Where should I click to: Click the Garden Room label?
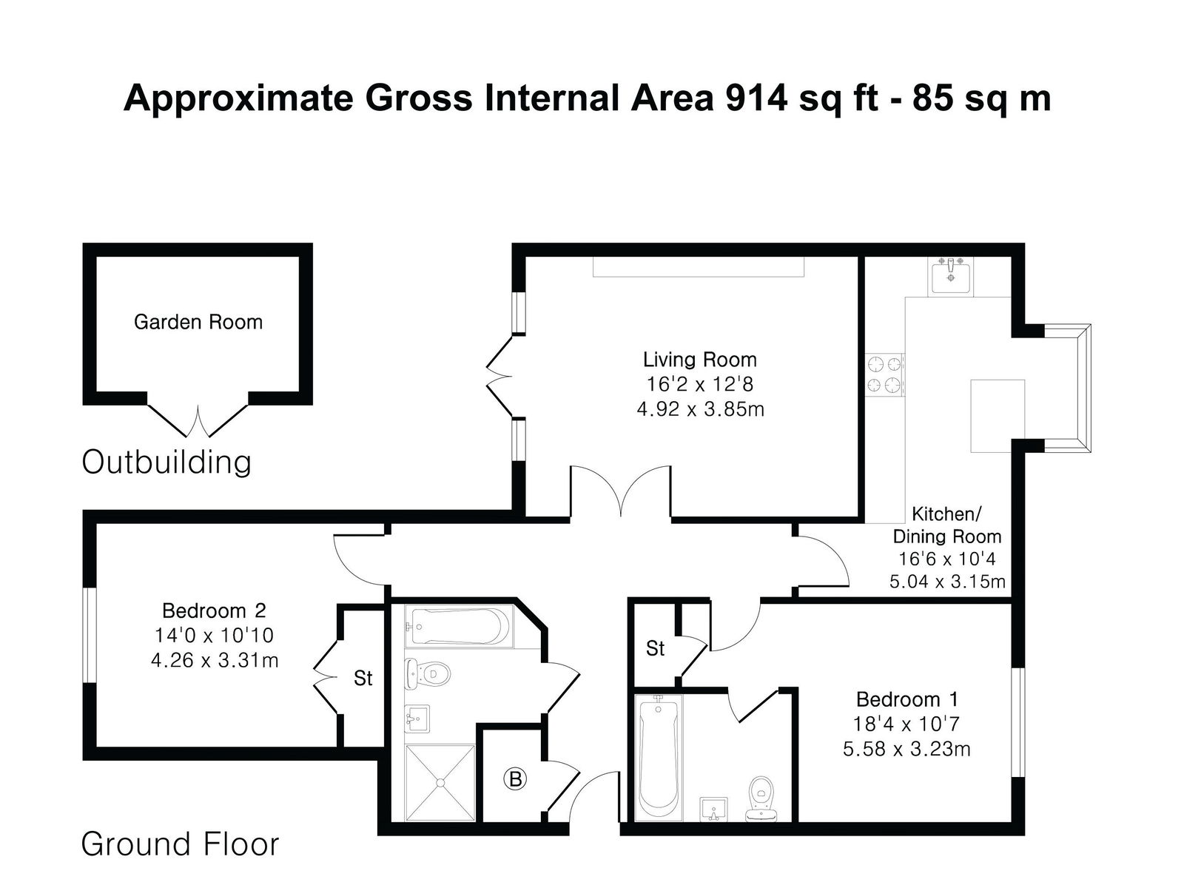pyautogui.click(x=198, y=322)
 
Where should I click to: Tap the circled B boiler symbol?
pyautogui.click(x=514, y=779)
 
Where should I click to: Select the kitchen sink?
pyautogui.click(x=950, y=276)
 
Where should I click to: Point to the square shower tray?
pyautogui.click(x=440, y=783)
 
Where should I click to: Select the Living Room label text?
pyautogui.click(x=699, y=360)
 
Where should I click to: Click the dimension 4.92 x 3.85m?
pyautogui.click(x=700, y=409)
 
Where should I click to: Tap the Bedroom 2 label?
pyautogui.click(x=214, y=610)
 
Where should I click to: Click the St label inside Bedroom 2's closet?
pyautogui.click(x=363, y=678)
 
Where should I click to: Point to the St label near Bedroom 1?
pyautogui.click(x=656, y=648)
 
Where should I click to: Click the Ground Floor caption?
pyautogui.click(x=180, y=844)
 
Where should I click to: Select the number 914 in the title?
pyautogui.click(x=756, y=98)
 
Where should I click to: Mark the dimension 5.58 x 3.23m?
pyautogui.click(x=906, y=749)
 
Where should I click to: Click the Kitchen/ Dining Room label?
pyautogui.click(x=947, y=525)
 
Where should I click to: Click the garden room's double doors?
pyautogui.click(x=198, y=420)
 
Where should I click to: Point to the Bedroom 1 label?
pyautogui.click(x=907, y=699)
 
